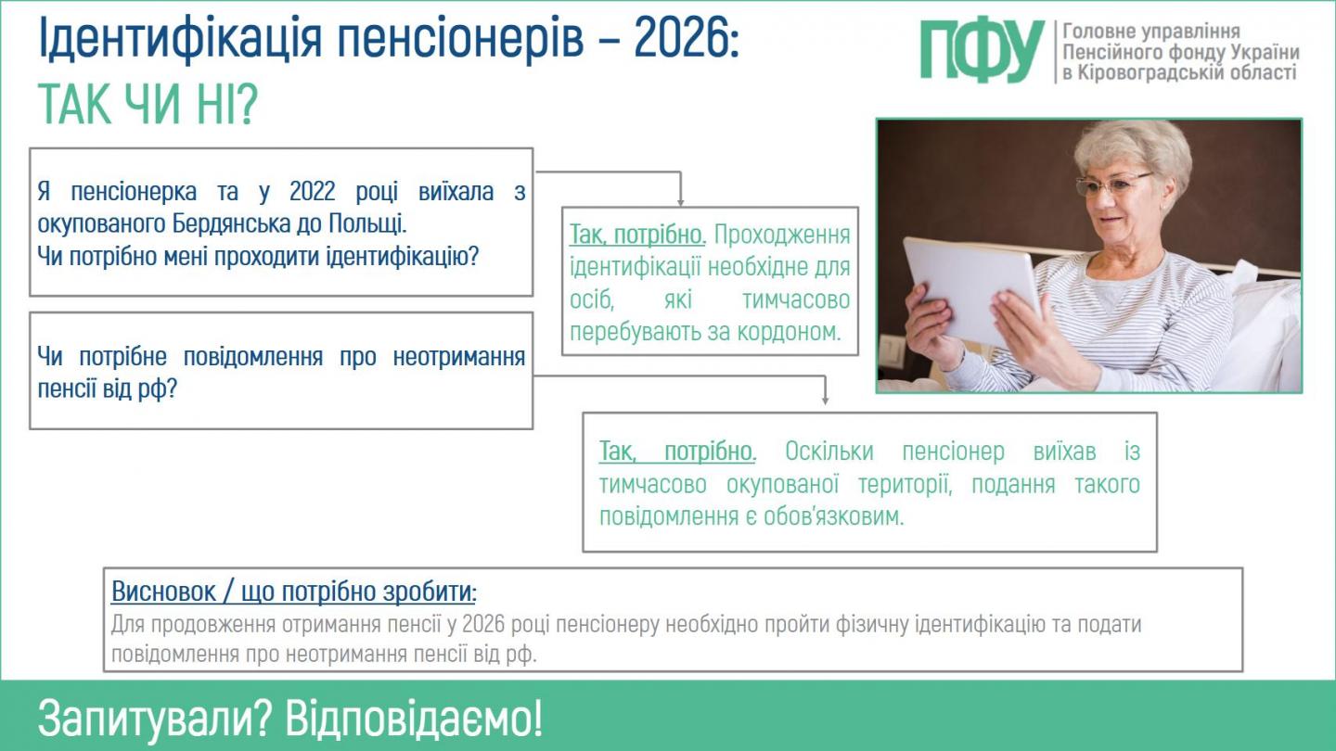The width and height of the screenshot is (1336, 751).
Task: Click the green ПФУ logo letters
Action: pyautogui.click(x=982, y=51)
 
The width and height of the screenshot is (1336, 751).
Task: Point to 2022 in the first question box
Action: pyautogui.click(x=319, y=192)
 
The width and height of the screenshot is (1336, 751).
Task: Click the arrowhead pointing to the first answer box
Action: pyautogui.click(x=680, y=200)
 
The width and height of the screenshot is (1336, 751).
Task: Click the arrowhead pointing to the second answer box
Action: pyautogui.click(x=825, y=400)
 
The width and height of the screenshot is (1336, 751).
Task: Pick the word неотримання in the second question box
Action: pyautogui.click(x=459, y=356)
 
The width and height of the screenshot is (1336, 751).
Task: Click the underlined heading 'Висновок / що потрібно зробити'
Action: pyautogui.click(x=293, y=592)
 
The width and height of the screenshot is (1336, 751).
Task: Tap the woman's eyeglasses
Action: pyautogui.click(x=1113, y=183)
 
